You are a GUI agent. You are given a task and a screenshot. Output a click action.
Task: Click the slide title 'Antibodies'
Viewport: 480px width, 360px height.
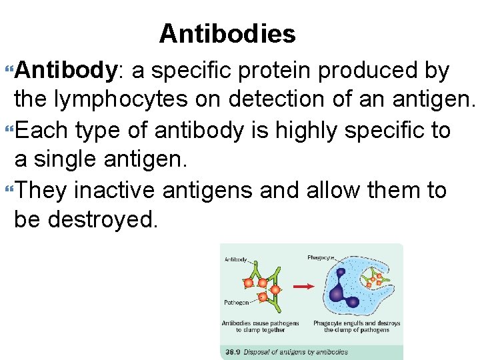pyautogui.click(x=227, y=33)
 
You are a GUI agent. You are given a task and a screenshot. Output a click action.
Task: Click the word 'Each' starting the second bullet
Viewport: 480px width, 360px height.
pyautogui.click(x=42, y=130)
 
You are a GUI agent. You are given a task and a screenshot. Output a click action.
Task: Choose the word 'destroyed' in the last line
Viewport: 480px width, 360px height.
pyautogui.click(x=103, y=220)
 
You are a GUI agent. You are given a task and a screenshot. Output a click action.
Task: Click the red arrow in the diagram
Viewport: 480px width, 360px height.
pyautogui.click(x=304, y=287)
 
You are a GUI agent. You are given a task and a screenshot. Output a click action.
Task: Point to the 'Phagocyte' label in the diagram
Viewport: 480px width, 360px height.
pyautogui.click(x=321, y=257)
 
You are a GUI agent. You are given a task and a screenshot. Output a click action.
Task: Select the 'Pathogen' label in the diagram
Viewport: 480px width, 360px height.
pyautogui.click(x=237, y=302)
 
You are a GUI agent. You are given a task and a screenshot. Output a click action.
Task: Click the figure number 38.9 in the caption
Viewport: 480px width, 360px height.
pyautogui.click(x=233, y=351)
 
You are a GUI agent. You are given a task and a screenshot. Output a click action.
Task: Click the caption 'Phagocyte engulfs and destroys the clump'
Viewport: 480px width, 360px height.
pyautogui.click(x=357, y=327)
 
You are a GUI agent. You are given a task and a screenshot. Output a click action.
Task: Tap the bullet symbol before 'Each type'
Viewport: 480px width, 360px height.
pyautogui.click(x=9, y=131)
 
